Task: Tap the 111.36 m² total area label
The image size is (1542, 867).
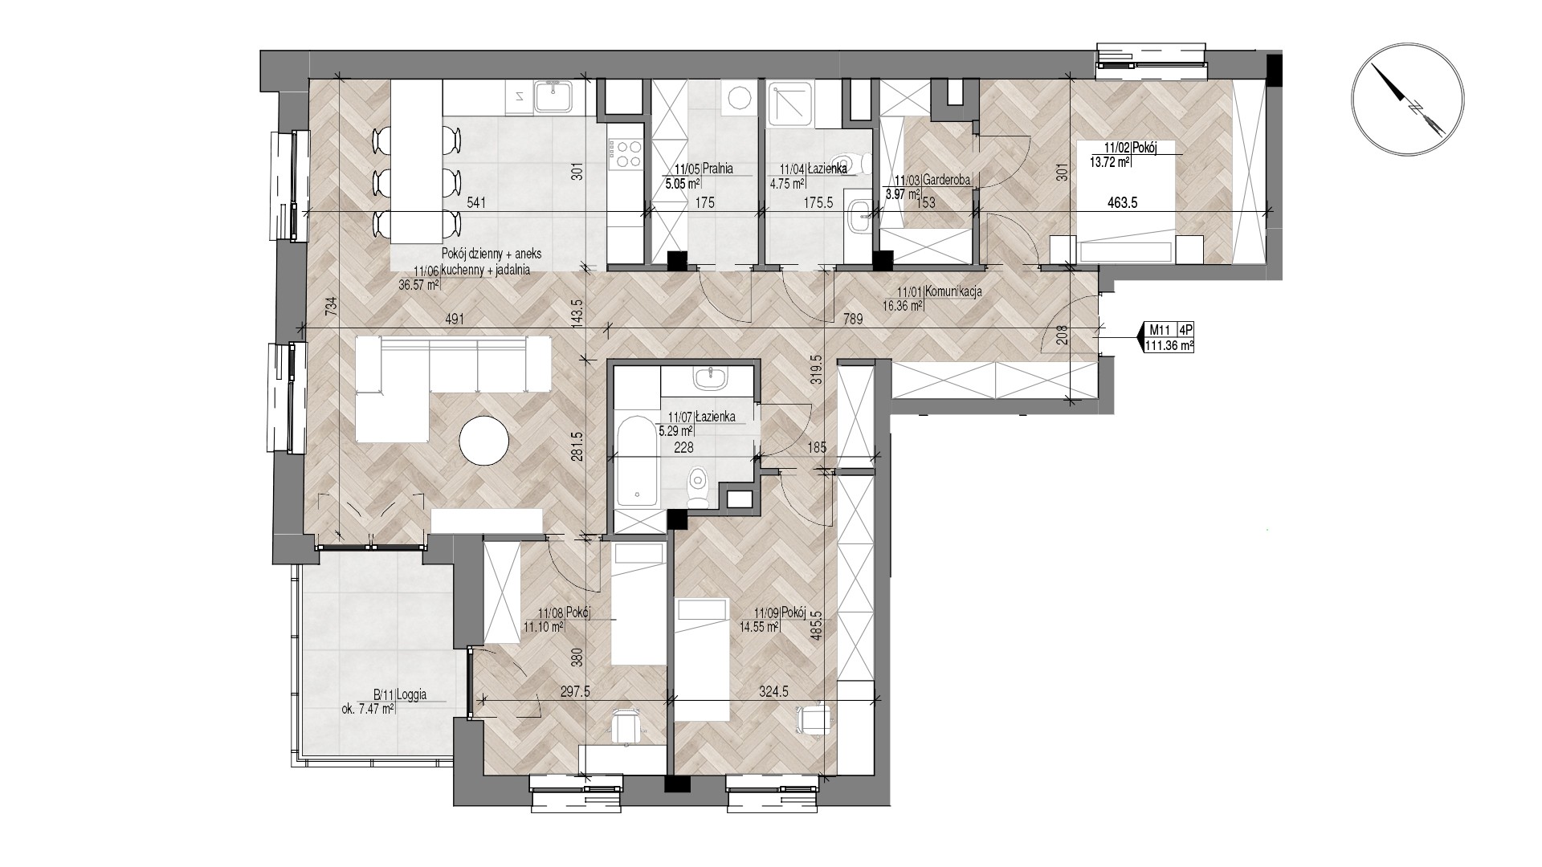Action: click(x=1169, y=345)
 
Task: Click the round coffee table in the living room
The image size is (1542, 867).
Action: click(x=484, y=440)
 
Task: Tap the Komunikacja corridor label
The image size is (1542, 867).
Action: click(x=953, y=291)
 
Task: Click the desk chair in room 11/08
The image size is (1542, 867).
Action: click(x=626, y=726)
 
